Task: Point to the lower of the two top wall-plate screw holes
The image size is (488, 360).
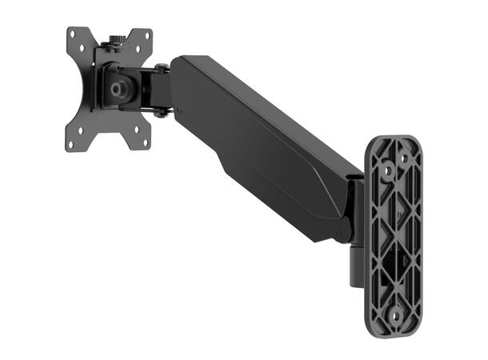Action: [x=385, y=170]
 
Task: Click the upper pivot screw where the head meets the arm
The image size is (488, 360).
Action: [x=162, y=68]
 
